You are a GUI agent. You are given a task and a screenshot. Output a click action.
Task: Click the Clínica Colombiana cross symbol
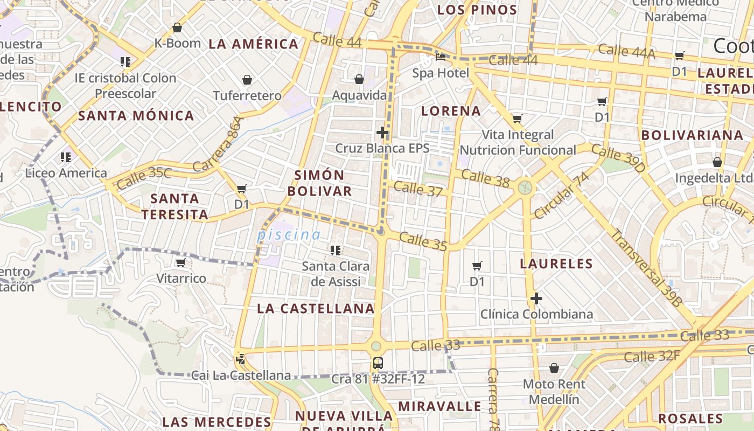(536, 298)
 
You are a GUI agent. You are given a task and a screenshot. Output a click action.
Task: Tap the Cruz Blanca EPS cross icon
(382, 132)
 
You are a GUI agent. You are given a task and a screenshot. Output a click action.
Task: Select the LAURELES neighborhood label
(556, 263)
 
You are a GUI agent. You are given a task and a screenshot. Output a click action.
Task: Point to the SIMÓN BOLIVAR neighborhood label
(319, 183)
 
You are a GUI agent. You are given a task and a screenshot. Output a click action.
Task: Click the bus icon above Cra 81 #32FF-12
(378, 363)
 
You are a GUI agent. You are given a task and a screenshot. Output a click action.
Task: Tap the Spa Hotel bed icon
(441, 57)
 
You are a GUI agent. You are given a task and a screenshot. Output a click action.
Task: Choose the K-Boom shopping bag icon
(177, 27)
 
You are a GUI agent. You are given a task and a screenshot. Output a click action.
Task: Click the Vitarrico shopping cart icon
(180, 262)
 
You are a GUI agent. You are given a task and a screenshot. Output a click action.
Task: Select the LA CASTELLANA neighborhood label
(316, 308)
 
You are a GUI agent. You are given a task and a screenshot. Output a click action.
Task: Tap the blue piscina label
(289, 235)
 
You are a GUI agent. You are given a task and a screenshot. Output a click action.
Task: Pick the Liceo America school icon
(66, 157)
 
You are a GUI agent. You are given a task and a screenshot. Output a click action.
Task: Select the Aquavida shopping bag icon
(359, 80)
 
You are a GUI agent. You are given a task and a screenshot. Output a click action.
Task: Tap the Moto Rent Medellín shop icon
(554, 368)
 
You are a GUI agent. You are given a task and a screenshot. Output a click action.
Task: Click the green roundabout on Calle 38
(525, 187)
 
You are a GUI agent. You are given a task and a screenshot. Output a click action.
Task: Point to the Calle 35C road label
(143, 178)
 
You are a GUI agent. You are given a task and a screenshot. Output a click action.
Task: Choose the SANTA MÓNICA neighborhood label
(136, 115)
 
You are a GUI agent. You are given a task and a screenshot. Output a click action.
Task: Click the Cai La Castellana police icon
(240, 358)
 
